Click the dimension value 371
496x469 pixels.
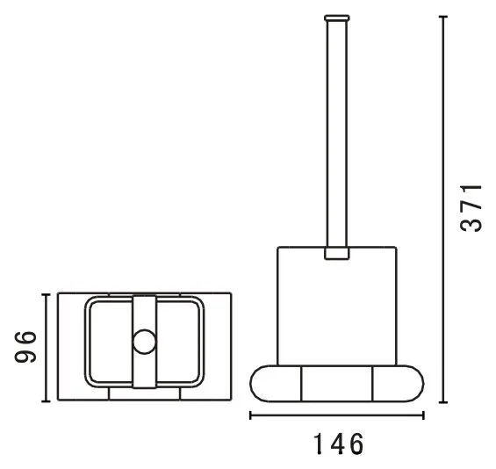(x=471, y=208)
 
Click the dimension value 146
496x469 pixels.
(x=339, y=444)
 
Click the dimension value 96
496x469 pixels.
(x=25, y=347)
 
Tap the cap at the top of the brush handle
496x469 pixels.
(x=337, y=18)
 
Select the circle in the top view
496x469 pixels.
(x=144, y=342)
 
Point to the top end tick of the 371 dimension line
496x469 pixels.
(x=443, y=16)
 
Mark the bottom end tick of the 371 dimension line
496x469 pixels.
(x=443, y=402)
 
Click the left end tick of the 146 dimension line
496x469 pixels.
(x=250, y=415)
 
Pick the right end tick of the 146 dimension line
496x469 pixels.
(x=423, y=415)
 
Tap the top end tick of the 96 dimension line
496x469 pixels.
(x=47, y=294)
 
